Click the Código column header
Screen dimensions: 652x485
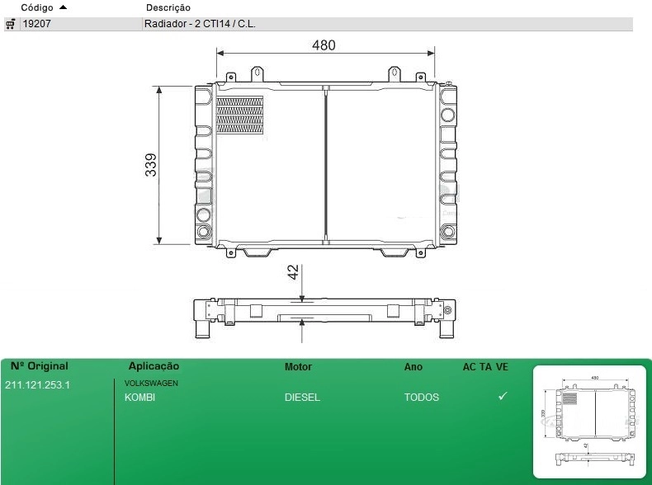(x=37, y=7)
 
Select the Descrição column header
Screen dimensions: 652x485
(x=168, y=7)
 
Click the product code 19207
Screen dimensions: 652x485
(x=36, y=24)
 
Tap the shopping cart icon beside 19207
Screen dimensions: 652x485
(x=11, y=24)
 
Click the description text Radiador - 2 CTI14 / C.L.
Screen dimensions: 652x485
(x=200, y=24)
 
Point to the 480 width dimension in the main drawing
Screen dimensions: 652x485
(x=324, y=45)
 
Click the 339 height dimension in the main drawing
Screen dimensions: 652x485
(x=151, y=165)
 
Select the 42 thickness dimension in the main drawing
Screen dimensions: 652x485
(x=293, y=272)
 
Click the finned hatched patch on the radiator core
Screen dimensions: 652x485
(x=240, y=115)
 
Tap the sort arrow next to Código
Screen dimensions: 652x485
(x=63, y=7)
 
